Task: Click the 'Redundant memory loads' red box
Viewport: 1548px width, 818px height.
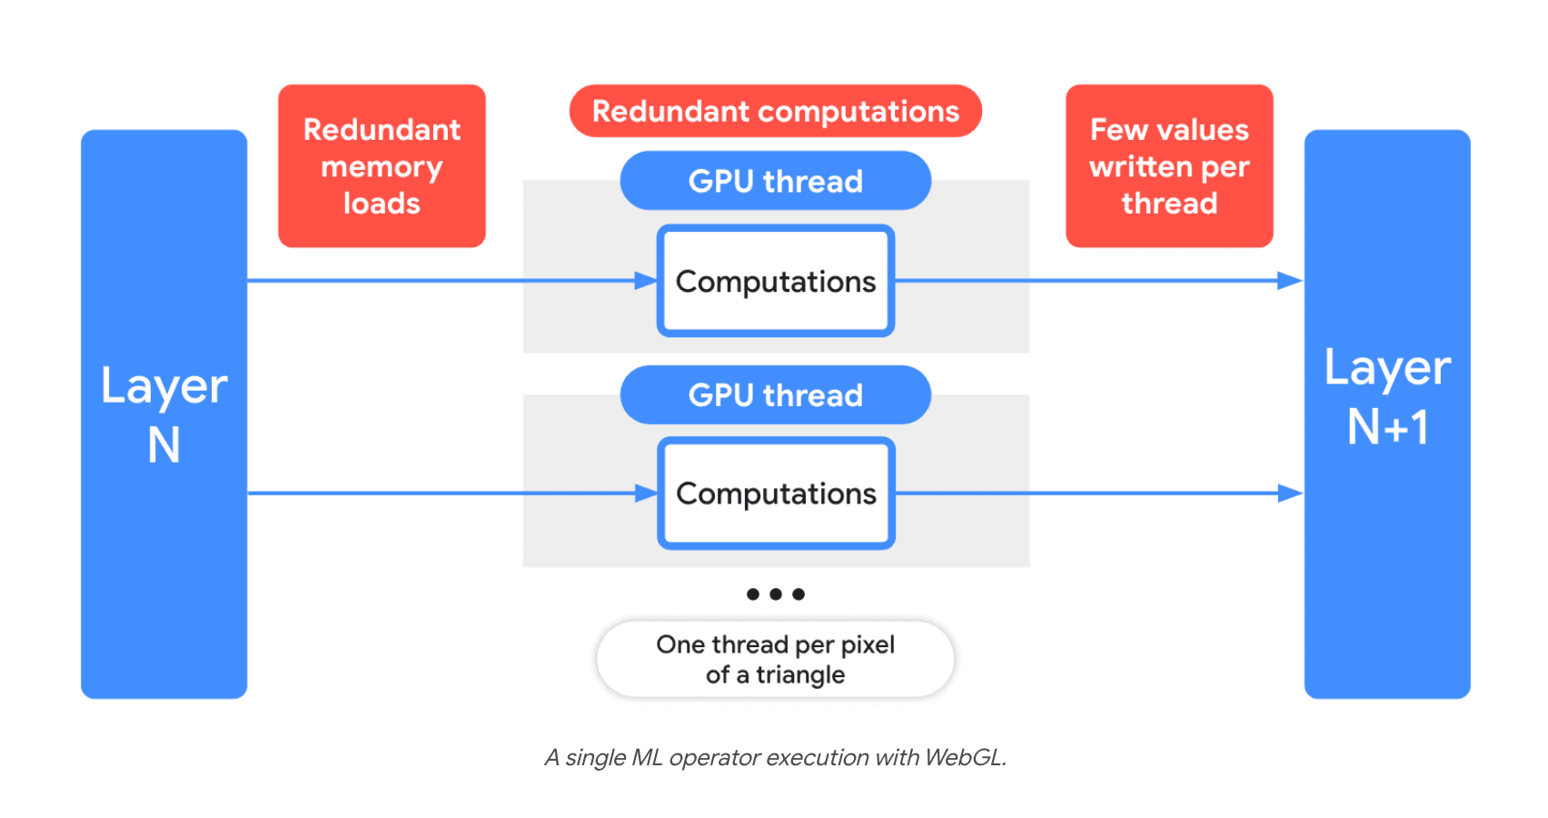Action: click(x=382, y=166)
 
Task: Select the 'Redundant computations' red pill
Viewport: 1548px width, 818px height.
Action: click(x=775, y=112)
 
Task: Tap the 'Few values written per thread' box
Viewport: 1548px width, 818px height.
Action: click(x=1169, y=166)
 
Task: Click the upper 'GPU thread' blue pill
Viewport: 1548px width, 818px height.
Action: click(x=775, y=181)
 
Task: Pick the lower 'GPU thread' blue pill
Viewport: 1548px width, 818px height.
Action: click(x=775, y=395)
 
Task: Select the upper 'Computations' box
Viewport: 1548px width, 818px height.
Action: click(x=775, y=282)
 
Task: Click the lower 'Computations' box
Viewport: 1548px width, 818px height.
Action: click(x=775, y=494)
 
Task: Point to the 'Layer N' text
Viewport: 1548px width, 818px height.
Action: click(x=164, y=414)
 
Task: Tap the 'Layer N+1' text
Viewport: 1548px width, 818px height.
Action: click(x=1387, y=396)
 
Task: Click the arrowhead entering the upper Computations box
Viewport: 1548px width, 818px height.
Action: click(x=647, y=281)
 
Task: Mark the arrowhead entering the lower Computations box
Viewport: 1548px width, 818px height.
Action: click(x=647, y=494)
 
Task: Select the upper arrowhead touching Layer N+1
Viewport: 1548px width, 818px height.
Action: click(x=1290, y=281)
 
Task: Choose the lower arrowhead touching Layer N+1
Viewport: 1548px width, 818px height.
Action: click(x=1290, y=494)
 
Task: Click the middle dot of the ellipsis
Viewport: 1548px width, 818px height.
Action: click(x=775, y=594)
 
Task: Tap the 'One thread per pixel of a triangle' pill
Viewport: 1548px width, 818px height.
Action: click(x=775, y=659)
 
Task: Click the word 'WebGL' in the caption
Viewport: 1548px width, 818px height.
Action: click(x=964, y=758)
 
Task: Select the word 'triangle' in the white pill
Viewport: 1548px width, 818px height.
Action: click(x=800, y=675)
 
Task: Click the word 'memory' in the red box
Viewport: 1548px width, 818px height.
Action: click(x=382, y=167)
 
